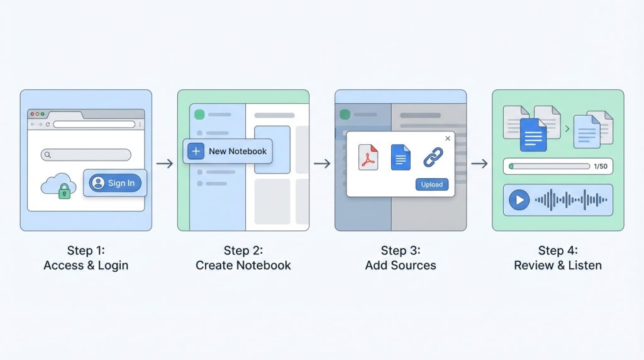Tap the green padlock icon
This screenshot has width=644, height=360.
click(x=64, y=192)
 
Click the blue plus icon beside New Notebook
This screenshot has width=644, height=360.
click(x=196, y=151)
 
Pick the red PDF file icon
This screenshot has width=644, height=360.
click(x=368, y=157)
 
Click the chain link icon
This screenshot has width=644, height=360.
click(x=433, y=157)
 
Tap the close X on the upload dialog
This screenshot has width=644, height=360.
click(x=448, y=138)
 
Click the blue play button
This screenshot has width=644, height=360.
click(x=519, y=200)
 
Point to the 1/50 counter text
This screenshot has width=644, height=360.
click(x=600, y=166)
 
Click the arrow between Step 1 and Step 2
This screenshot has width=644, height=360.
click(x=165, y=164)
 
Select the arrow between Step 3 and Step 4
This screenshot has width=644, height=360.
click(x=479, y=164)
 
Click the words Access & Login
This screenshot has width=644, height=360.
click(x=86, y=265)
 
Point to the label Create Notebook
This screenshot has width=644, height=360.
click(x=243, y=265)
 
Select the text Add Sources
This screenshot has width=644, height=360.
click(x=400, y=265)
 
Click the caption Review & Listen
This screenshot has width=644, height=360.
click(x=557, y=265)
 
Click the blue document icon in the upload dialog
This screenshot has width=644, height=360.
click(x=401, y=157)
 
